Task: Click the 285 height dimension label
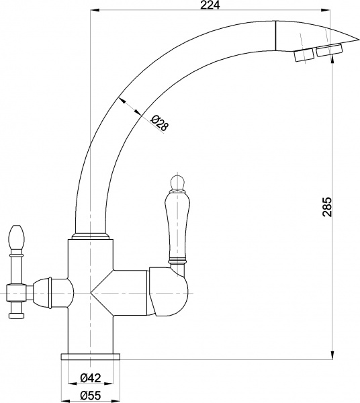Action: pos(327,207)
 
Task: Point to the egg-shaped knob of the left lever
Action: pos(17,236)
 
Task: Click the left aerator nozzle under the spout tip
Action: pos(304,56)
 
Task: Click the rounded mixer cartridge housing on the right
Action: pos(169,293)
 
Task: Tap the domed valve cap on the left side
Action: pos(57,292)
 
